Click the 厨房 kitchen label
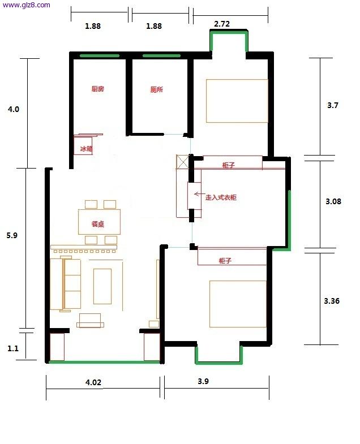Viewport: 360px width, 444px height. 98,89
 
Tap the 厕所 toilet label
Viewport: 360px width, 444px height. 156,89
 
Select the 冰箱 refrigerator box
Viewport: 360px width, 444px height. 83,145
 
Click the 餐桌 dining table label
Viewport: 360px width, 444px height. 98,224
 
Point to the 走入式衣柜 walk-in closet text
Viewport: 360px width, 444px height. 221,197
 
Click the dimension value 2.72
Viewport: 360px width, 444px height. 222,24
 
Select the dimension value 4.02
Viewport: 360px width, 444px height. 93,382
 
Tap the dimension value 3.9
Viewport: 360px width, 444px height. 203,381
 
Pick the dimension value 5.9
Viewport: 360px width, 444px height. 12,235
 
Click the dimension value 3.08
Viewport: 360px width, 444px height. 333,201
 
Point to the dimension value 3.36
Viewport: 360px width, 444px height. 332,301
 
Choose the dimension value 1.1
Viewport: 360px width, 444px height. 13,348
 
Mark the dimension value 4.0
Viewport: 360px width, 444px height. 14,109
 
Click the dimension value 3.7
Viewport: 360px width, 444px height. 333,105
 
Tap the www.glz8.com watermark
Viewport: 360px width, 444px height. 26,5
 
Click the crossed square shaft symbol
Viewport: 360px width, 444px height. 183,162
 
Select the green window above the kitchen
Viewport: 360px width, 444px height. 100,56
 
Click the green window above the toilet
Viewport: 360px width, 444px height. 161,56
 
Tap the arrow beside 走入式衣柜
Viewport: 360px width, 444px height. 200,194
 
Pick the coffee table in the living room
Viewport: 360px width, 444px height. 102,286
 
